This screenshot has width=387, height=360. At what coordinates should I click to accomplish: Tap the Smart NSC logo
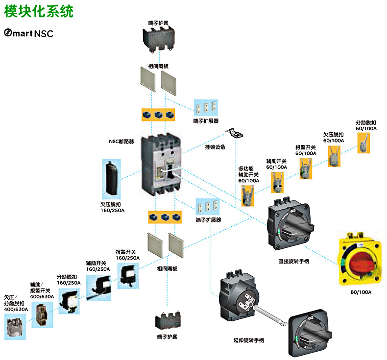[x=28, y=33]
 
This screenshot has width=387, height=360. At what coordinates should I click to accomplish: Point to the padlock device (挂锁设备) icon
[x=235, y=133]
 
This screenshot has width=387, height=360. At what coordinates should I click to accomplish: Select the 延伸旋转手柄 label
[x=249, y=340]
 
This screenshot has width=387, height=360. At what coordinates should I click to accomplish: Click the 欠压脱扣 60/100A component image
[x=334, y=155]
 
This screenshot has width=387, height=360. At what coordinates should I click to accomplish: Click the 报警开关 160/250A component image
[x=127, y=276]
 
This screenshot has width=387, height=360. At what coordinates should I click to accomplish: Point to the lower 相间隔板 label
[x=167, y=269]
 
